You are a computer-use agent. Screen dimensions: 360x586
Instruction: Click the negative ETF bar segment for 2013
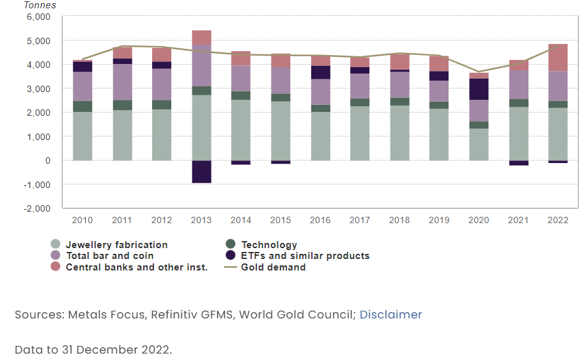point(201,171)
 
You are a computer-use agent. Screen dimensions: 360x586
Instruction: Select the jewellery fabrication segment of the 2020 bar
point(479,144)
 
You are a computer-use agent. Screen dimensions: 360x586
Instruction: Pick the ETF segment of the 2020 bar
point(479,89)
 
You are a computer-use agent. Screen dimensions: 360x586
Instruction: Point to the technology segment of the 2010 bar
point(82,106)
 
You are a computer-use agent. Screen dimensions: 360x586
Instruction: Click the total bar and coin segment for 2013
point(201,65)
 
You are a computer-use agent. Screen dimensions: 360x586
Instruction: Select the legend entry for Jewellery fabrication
point(116,245)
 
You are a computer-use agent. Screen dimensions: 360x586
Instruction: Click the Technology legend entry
point(269,245)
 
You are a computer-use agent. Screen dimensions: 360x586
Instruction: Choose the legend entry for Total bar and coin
point(109,256)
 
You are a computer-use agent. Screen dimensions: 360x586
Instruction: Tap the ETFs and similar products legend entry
point(305,256)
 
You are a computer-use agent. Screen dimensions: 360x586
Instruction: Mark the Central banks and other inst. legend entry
point(136,267)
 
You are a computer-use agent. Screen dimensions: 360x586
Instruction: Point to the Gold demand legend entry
point(273,267)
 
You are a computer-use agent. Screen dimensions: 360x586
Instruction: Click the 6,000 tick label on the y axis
point(38,17)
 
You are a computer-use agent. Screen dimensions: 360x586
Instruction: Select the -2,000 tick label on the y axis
point(37,208)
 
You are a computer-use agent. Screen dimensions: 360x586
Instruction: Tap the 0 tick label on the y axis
point(47,160)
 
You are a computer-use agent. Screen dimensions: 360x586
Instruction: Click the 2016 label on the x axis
point(320,220)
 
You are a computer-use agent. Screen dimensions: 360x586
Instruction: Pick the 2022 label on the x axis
point(558,220)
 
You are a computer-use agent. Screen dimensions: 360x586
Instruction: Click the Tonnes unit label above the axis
point(40,5)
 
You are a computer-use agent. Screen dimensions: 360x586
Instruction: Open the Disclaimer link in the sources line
point(390,315)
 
